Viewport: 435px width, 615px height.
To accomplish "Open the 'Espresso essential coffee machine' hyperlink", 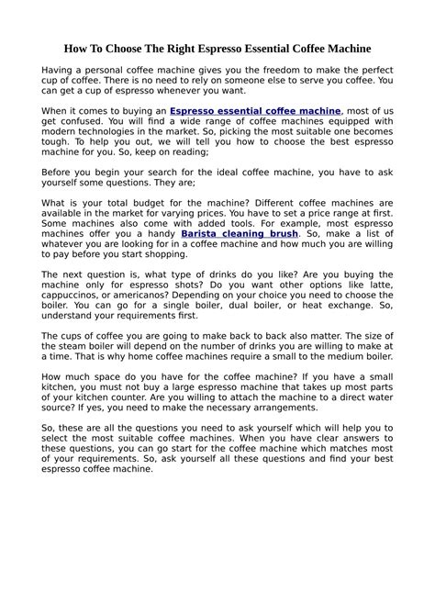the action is [255, 110].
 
